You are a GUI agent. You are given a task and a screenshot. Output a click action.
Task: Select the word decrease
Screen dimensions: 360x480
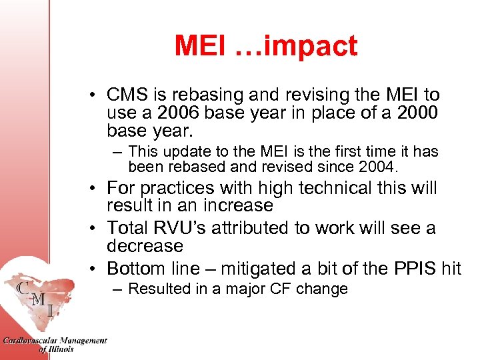[145, 246]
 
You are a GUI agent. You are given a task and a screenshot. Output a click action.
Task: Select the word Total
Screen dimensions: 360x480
[129, 229]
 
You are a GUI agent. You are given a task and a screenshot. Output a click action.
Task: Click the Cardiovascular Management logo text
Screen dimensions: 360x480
[54, 341]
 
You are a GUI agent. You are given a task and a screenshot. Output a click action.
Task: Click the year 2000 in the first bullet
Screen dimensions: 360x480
[416, 113]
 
